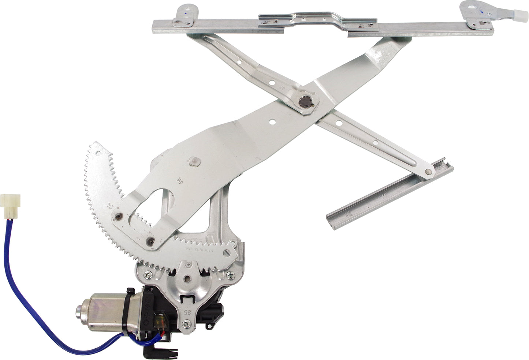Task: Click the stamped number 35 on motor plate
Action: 187,312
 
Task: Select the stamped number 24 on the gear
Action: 109,206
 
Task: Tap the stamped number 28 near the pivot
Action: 293,88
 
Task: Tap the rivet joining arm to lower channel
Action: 428,171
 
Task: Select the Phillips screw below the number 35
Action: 187,323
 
